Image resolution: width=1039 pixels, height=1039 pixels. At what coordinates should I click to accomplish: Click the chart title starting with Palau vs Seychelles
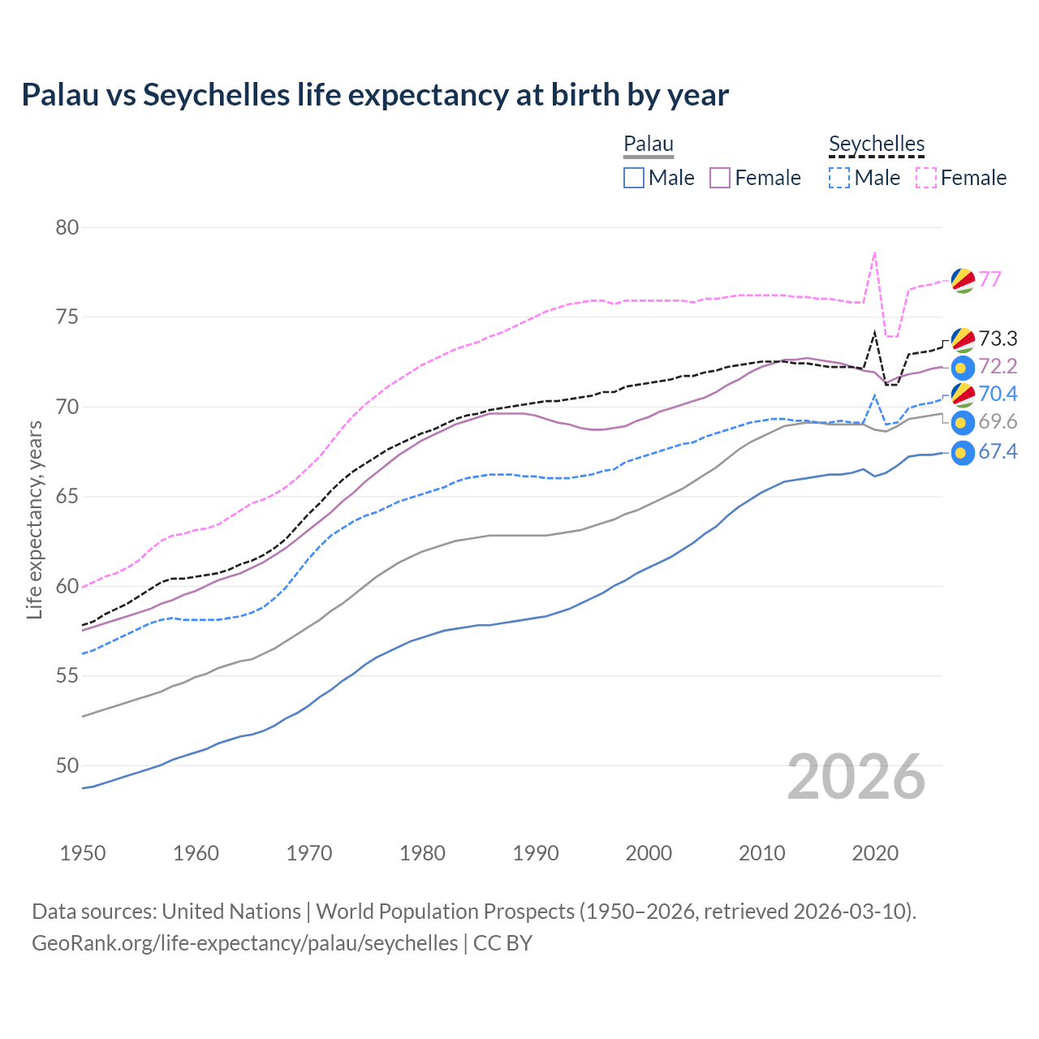click(375, 95)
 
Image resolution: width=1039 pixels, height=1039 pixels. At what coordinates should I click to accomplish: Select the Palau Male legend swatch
click(634, 178)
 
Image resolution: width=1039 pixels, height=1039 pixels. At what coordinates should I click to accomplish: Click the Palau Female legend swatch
click(720, 178)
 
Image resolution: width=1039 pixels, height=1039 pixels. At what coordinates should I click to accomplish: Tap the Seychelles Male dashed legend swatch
click(839, 178)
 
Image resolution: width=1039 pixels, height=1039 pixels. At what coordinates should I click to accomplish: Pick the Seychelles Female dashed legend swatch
click(926, 178)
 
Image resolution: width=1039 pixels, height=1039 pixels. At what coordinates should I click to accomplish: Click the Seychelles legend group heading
click(877, 144)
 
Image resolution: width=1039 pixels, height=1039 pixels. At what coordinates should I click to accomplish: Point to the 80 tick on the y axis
click(67, 227)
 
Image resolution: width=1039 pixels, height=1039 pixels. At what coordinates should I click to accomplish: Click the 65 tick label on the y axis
click(67, 496)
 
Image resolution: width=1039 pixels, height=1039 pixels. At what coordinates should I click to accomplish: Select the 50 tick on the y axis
click(67, 765)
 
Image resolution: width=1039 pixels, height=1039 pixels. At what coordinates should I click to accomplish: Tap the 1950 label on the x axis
click(83, 853)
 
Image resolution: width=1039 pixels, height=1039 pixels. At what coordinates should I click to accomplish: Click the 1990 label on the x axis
click(536, 853)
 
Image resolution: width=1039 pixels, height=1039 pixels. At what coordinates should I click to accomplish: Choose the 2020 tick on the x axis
click(875, 853)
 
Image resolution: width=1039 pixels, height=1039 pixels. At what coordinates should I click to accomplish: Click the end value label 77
click(989, 279)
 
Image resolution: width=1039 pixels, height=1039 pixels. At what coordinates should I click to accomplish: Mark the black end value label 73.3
click(998, 338)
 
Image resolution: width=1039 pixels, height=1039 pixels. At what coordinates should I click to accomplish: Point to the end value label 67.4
click(998, 451)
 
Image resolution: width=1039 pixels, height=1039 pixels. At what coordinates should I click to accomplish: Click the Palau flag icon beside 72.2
click(962, 368)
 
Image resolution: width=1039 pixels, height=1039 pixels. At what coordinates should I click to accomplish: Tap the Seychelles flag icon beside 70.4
click(962, 394)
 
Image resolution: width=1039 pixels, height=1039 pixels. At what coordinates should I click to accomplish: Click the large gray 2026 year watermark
click(856, 777)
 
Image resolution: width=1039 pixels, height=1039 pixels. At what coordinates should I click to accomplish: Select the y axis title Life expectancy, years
click(34, 519)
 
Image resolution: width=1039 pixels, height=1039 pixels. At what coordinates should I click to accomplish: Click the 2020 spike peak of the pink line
click(874, 252)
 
